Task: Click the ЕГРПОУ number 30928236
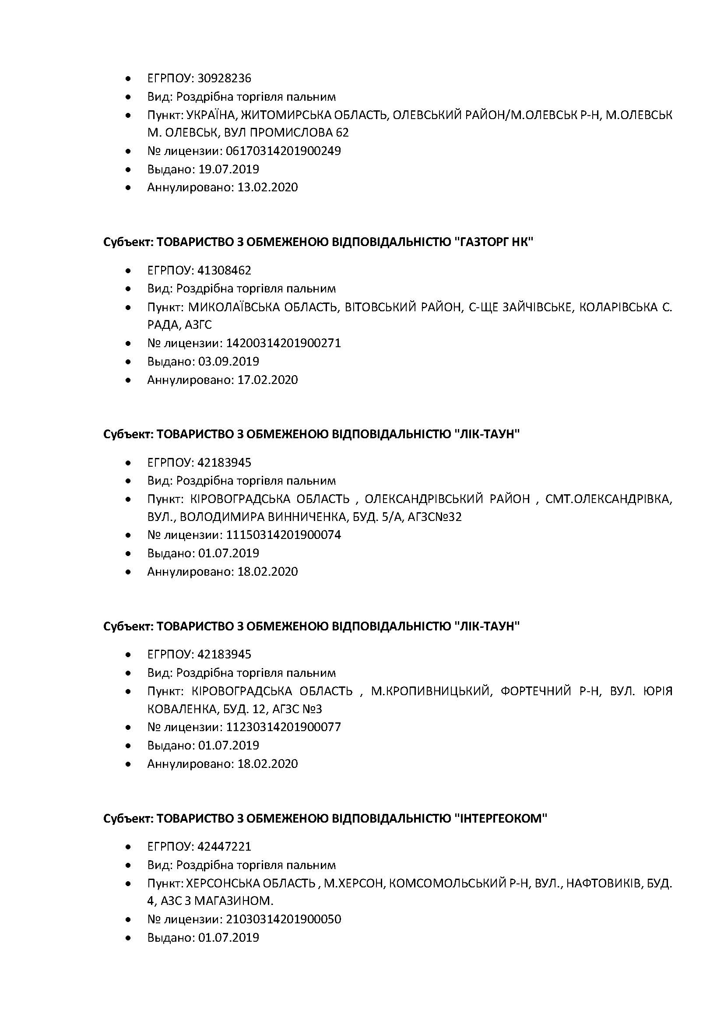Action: pyautogui.click(x=224, y=78)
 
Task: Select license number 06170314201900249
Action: pyautogui.click(x=283, y=151)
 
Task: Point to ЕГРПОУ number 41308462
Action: pyautogui.click(x=224, y=270)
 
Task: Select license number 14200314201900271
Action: pyautogui.click(x=283, y=343)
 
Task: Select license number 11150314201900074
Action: pyautogui.click(x=283, y=535)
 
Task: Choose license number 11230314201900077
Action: pyautogui.click(x=283, y=727)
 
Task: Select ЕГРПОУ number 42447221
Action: pyautogui.click(x=224, y=847)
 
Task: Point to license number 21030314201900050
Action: pyautogui.click(x=283, y=919)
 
